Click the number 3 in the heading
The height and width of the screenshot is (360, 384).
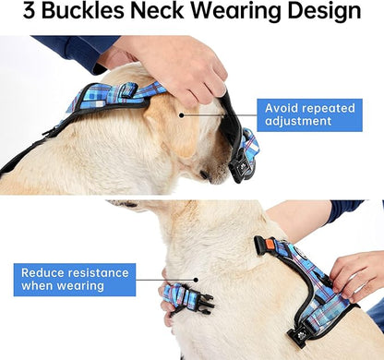(30, 13)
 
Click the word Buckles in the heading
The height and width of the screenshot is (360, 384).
(91, 13)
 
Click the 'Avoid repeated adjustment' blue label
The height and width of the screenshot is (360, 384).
(306, 114)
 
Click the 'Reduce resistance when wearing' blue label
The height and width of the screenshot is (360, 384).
(75, 280)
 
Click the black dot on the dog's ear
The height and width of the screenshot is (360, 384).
(181, 115)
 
